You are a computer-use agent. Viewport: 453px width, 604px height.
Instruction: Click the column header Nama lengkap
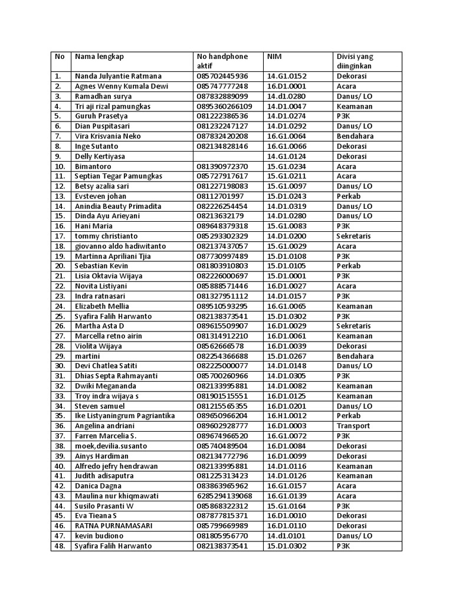point(99,57)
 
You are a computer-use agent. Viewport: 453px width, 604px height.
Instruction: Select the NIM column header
point(274,57)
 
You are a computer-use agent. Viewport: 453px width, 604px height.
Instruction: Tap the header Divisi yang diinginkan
point(354,61)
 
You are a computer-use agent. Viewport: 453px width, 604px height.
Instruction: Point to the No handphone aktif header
point(222,61)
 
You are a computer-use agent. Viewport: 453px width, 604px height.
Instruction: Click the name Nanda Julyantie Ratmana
point(118,76)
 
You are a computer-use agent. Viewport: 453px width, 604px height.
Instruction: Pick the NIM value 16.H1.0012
point(287,416)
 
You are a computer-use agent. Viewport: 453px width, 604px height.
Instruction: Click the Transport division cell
point(353,426)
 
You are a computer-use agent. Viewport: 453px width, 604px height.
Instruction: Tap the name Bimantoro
point(94,166)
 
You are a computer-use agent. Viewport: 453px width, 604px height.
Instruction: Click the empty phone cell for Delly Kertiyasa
point(228,156)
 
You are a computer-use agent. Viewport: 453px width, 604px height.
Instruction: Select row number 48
point(58,546)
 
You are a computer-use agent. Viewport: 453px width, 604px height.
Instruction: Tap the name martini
point(87,356)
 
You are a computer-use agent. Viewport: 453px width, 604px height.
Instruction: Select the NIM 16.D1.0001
point(287,86)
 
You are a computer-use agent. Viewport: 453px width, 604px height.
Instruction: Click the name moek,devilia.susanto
point(111,446)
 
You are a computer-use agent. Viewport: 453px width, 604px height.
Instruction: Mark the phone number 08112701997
point(220,196)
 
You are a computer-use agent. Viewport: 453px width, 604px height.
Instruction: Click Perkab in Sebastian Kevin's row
point(349,266)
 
